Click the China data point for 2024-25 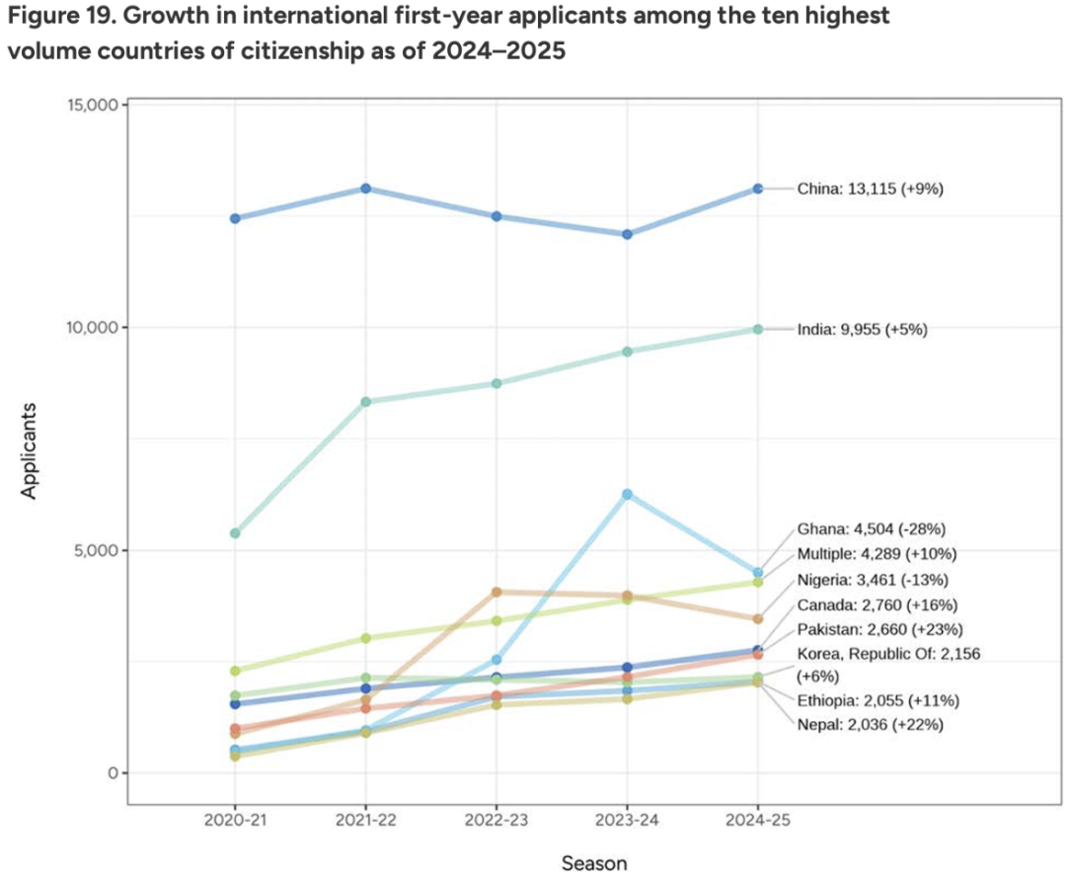click(x=757, y=188)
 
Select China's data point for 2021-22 click(x=366, y=188)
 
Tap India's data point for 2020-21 click(x=235, y=533)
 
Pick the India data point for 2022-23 click(x=496, y=383)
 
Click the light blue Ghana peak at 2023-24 click(x=627, y=494)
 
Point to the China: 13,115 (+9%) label click(x=871, y=188)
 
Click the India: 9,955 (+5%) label click(x=862, y=329)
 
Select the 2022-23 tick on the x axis click(x=496, y=819)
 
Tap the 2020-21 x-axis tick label click(x=235, y=819)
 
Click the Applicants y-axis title click(x=30, y=449)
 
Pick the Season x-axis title click(x=594, y=863)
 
